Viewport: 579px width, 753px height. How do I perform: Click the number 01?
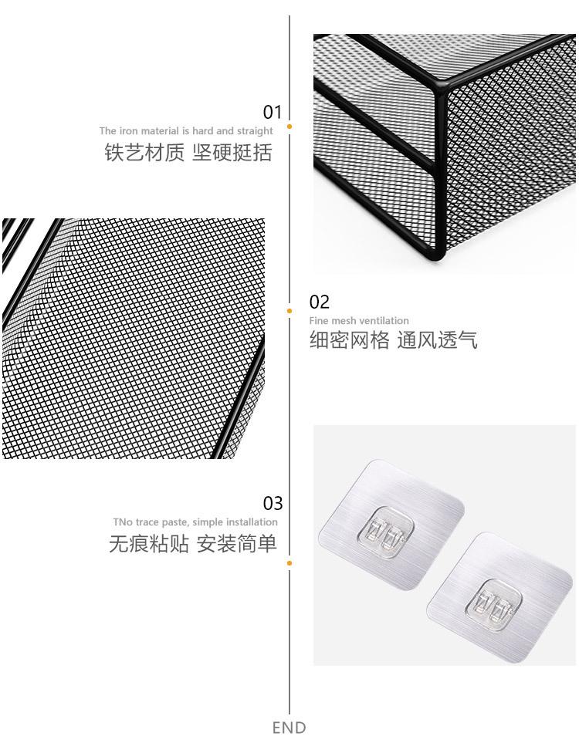[273, 113]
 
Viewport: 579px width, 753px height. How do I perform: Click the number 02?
[319, 302]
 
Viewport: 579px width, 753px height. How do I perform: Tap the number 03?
[273, 504]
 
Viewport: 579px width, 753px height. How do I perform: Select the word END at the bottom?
[289, 728]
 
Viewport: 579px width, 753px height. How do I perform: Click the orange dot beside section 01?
[289, 126]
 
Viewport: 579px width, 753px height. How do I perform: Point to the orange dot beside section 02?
[289, 311]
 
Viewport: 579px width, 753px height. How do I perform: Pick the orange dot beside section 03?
[289, 563]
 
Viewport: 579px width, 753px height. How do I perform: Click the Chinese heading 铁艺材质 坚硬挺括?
[188, 153]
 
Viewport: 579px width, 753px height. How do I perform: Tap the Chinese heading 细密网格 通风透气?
[394, 340]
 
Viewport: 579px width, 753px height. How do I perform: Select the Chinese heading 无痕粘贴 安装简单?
[192, 545]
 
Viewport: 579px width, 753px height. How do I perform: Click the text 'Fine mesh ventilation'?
[359, 321]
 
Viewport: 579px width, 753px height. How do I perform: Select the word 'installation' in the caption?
[251, 522]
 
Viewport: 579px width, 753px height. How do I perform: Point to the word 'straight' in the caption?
[256, 131]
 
